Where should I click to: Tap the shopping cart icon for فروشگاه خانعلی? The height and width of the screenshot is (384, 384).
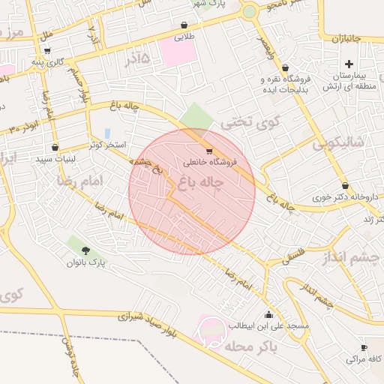tap(208, 151)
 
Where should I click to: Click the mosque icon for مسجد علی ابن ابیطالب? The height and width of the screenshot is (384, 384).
tap(269, 314)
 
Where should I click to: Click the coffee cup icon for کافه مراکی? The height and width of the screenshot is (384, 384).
tap(364, 348)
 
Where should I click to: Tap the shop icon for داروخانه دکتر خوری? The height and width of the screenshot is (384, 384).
tap(344, 185)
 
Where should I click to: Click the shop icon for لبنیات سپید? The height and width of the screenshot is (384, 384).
tap(55, 147)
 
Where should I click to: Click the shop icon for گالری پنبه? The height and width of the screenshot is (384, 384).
tap(48, 52)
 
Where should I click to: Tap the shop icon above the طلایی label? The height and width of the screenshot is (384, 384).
tap(184, 25)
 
